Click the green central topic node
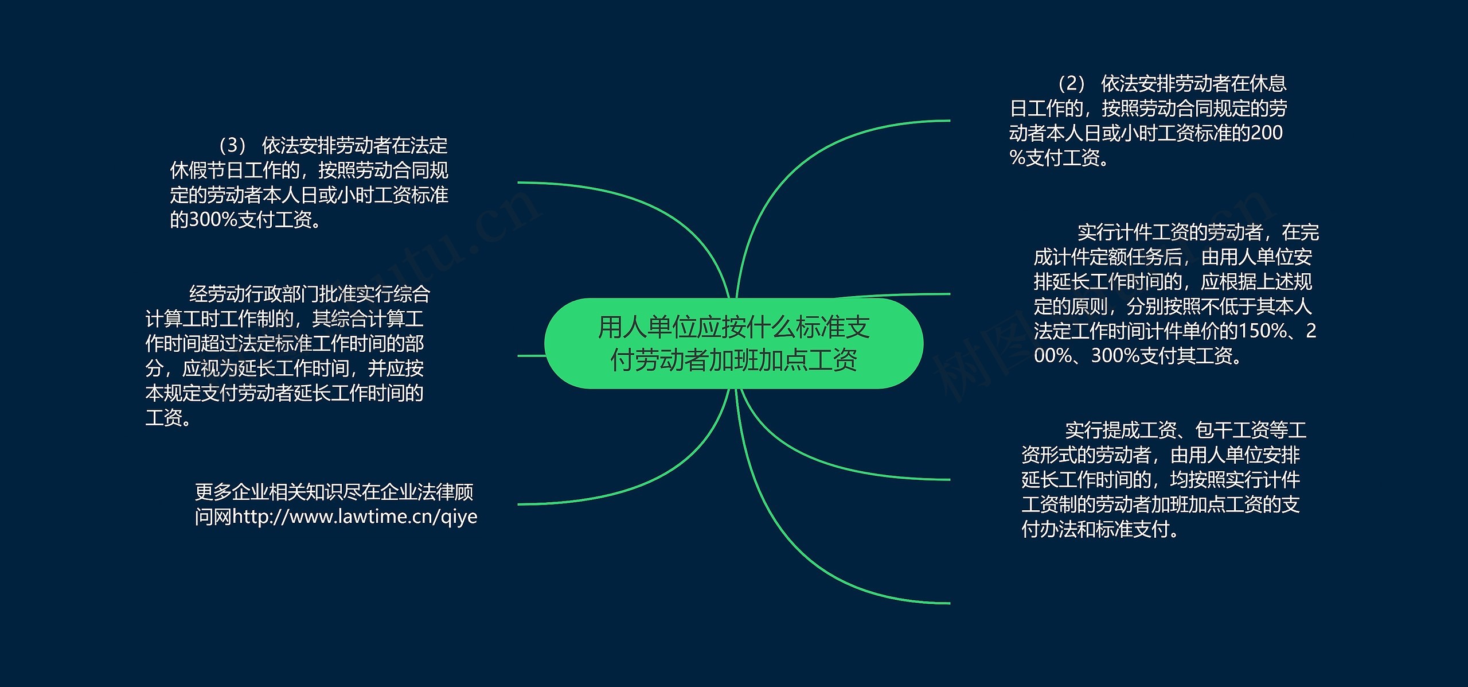pyautogui.click(x=733, y=343)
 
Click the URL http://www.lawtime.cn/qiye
pyautogui.click(x=355, y=517)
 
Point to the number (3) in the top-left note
pyautogui.click(x=232, y=146)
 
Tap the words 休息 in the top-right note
pyautogui.click(x=1268, y=84)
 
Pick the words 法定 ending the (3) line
pyautogui.click(x=429, y=146)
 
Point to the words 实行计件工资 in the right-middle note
pyautogui.click(x=1133, y=232)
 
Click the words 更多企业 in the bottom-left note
pyautogui.click(x=232, y=492)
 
